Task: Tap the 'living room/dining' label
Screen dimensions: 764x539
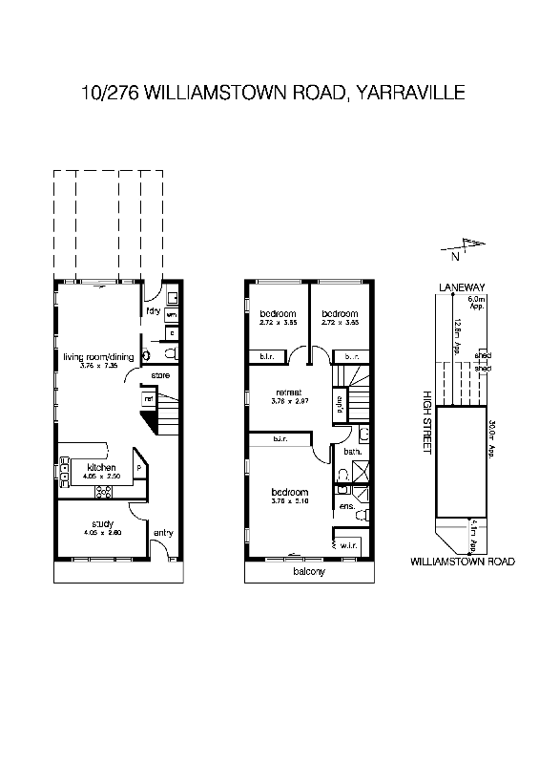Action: (96, 357)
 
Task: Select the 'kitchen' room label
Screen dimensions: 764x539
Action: (101, 467)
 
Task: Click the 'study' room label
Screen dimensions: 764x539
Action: (102, 523)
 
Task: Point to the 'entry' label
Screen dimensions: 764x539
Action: (163, 534)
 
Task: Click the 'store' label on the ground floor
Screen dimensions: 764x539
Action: (160, 375)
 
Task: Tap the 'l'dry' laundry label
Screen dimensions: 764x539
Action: (152, 310)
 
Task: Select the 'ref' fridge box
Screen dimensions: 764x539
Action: (149, 397)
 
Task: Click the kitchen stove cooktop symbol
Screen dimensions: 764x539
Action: (104, 492)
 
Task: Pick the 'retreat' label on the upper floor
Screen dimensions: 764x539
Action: (289, 393)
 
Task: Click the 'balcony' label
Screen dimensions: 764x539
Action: (309, 572)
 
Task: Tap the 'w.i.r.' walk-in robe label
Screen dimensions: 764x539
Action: (347, 545)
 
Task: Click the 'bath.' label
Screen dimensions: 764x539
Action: (351, 451)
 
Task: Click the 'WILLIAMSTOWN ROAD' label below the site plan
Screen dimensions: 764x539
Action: (462, 562)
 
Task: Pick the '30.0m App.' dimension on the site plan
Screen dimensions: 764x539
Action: (492, 437)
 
